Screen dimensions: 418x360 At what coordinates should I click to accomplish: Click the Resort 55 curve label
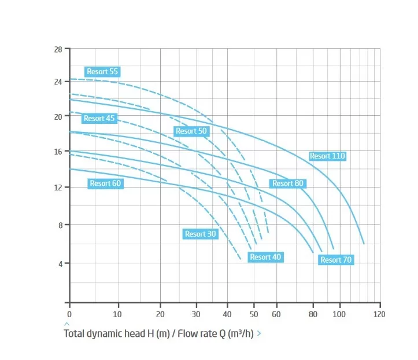click(x=102, y=72)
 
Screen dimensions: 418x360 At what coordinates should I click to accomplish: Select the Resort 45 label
click(x=99, y=118)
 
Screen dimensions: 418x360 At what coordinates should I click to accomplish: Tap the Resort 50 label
click(x=191, y=131)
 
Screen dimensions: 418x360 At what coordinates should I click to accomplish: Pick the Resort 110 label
click(x=327, y=156)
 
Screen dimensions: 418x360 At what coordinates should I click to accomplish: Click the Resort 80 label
click(x=288, y=183)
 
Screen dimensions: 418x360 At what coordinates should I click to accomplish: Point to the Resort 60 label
click(x=105, y=183)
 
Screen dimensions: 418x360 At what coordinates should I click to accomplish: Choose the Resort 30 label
click(x=201, y=234)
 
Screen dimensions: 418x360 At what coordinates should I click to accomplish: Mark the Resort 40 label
click(x=265, y=257)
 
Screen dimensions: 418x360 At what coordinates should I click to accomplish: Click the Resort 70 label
click(x=336, y=260)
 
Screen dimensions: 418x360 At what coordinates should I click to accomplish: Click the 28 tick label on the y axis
click(x=58, y=50)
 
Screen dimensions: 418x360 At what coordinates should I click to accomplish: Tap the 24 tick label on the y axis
click(x=58, y=82)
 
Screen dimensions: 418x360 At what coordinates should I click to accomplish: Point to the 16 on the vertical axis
click(x=58, y=152)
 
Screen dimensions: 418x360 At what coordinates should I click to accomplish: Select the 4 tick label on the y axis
click(x=61, y=264)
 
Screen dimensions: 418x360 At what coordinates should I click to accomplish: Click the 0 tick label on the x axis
click(x=69, y=314)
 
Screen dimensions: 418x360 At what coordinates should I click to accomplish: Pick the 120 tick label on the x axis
click(x=379, y=314)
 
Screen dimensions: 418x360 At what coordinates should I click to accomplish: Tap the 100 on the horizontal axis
click(x=339, y=314)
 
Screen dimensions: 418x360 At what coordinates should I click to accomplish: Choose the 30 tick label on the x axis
click(x=196, y=314)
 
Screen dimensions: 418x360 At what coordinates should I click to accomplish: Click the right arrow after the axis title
click(x=259, y=333)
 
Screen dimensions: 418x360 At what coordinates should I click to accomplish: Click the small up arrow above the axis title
click(x=67, y=324)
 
